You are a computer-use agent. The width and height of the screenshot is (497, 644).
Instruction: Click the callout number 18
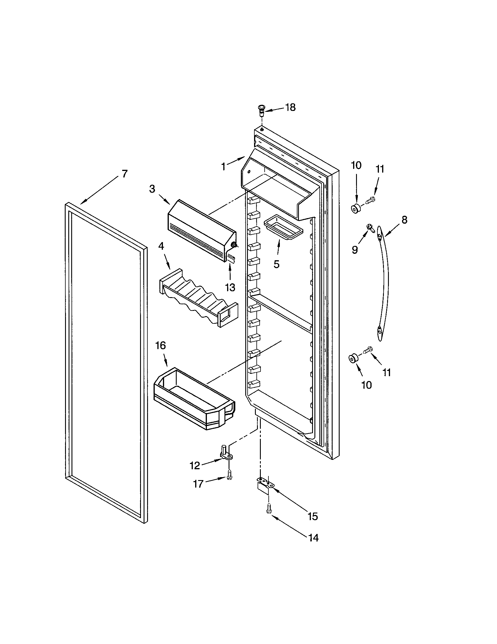290,108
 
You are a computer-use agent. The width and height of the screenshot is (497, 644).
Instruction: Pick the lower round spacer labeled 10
353,359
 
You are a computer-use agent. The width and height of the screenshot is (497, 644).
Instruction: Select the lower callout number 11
387,372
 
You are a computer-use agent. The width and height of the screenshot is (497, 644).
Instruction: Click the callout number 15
313,516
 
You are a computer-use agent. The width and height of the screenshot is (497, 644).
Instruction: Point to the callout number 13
230,287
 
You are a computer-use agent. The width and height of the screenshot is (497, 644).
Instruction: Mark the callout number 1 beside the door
223,167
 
